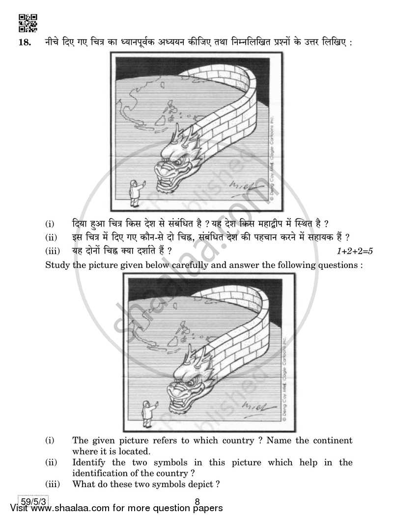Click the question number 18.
[x=25, y=43]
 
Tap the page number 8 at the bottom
[x=196, y=502]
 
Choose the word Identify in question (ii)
[x=90, y=463]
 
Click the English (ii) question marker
[x=51, y=463]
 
